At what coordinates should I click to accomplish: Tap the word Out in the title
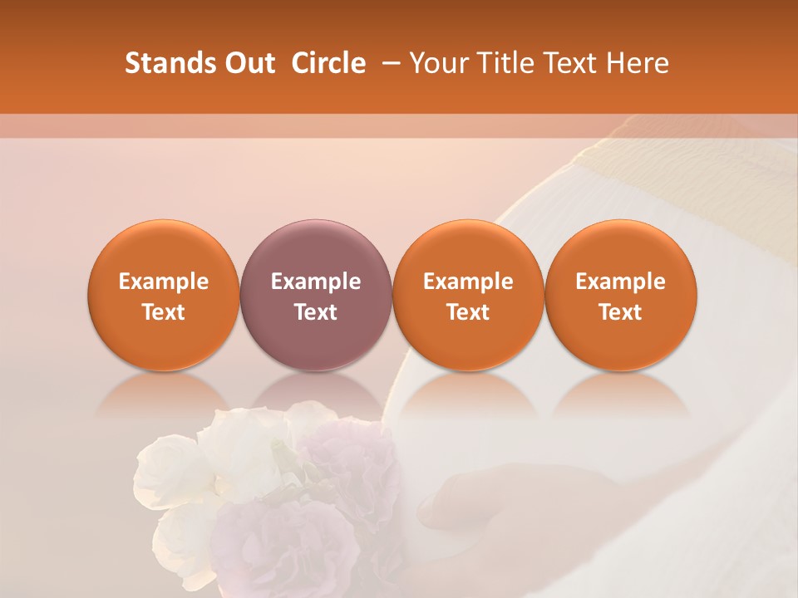coord(249,63)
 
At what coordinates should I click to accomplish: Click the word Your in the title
coord(438,63)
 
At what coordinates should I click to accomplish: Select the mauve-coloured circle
coord(316,295)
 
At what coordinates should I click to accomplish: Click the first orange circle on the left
coord(164,295)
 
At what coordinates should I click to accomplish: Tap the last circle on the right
coord(621,295)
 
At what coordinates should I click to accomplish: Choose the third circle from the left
coord(468,295)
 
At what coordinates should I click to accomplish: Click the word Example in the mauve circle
coord(316,282)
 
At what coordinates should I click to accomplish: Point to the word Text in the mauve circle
coord(316,312)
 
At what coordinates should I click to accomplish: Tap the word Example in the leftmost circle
coord(164,282)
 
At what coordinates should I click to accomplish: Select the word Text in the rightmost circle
coord(621,312)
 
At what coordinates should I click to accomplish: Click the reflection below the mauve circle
coord(316,390)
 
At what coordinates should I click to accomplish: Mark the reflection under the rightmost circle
coord(621,390)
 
